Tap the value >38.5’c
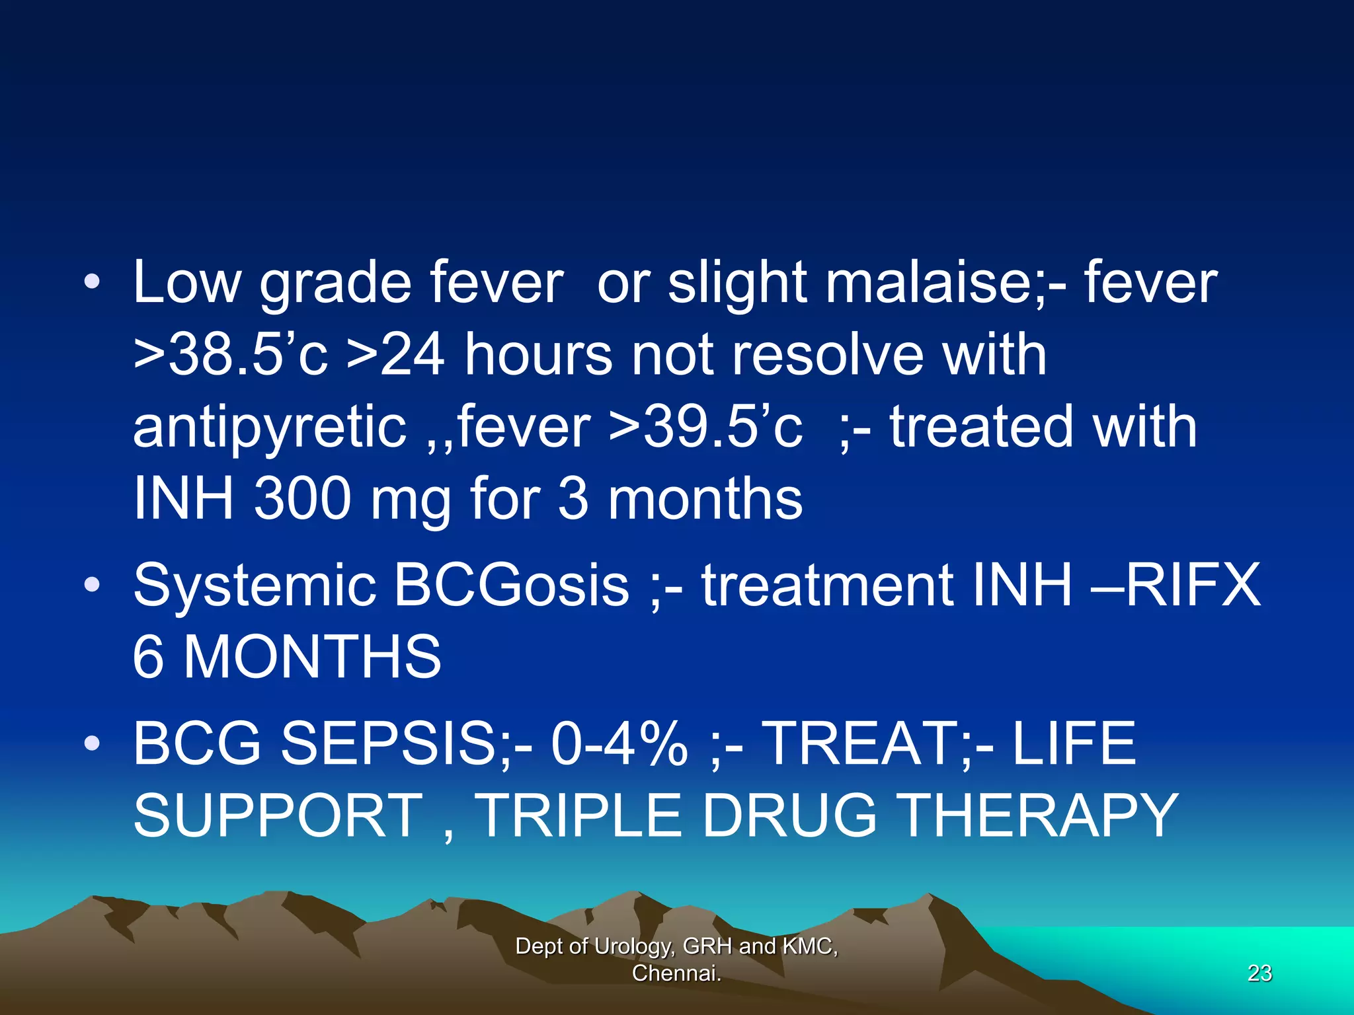pos(230,355)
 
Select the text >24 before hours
pos(395,355)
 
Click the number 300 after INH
pos(301,499)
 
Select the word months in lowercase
pos(705,499)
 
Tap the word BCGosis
pos(512,585)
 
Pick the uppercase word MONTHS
pos(312,657)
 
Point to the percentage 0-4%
pos(619,743)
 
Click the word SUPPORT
pos(278,815)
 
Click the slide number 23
pos(1259,973)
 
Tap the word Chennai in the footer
pos(674,973)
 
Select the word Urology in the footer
pos(633,946)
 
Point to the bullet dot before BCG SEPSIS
pos(92,743)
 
